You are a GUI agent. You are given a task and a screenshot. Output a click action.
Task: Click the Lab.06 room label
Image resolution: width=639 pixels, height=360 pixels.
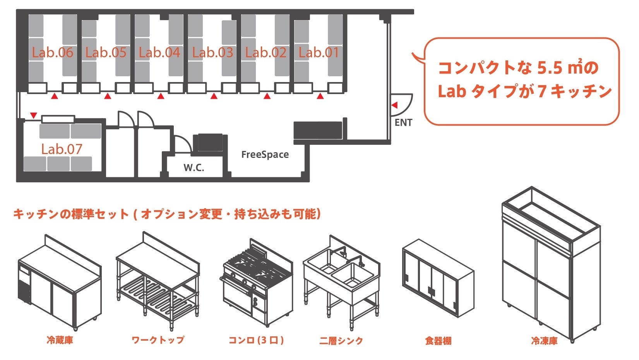click(x=52, y=53)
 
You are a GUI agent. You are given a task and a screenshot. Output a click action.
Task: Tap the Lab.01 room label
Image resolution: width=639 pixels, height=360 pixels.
click(x=319, y=53)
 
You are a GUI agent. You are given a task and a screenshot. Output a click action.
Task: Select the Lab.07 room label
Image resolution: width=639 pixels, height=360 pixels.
click(x=62, y=149)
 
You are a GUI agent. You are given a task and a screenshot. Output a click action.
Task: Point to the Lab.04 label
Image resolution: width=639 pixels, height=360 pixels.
click(x=159, y=53)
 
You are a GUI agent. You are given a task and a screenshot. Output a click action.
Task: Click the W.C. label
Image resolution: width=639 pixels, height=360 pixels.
click(x=194, y=168)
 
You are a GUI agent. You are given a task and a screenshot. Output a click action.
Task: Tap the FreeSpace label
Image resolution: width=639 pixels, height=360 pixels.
click(x=265, y=155)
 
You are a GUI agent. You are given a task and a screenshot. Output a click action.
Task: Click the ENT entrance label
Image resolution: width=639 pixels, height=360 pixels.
click(x=403, y=123)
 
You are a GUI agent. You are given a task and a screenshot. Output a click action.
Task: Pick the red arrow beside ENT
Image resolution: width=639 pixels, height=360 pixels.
click(x=394, y=105)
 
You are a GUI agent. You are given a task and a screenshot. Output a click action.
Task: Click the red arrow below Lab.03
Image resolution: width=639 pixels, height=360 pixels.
click(x=214, y=96)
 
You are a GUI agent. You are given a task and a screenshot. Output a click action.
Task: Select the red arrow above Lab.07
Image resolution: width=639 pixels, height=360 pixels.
click(x=34, y=115)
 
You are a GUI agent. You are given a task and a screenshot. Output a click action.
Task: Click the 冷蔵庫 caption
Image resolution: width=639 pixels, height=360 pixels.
click(x=60, y=341)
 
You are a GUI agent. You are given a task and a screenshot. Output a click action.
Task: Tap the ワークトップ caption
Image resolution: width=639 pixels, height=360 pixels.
click(x=158, y=340)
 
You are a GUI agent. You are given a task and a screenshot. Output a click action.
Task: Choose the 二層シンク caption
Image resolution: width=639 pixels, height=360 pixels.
click(x=341, y=341)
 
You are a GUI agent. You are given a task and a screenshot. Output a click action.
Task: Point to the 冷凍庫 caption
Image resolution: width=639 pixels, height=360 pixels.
click(x=544, y=341)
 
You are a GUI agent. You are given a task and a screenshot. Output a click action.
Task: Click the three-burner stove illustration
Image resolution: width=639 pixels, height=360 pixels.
click(x=256, y=283)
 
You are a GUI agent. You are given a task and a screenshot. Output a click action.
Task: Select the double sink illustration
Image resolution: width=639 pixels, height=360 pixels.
click(x=341, y=279)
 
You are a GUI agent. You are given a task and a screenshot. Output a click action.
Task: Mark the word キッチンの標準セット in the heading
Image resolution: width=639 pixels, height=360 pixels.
click(x=71, y=214)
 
